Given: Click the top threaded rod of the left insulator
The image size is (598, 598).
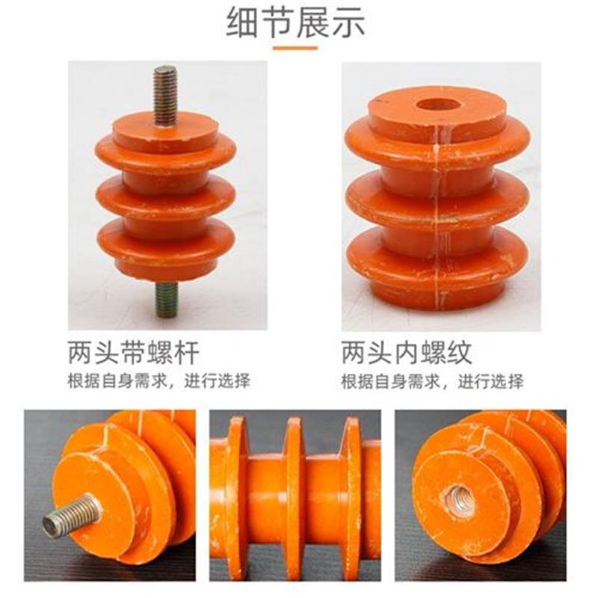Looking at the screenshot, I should pos(165,94).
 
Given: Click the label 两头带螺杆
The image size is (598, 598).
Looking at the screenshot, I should pos(134,351).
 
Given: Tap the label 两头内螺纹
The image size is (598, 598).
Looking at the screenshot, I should pos(407,351).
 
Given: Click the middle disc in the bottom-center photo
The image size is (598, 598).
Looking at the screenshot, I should pos(294,497).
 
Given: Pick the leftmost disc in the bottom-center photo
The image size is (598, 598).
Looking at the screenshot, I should pos(238,497).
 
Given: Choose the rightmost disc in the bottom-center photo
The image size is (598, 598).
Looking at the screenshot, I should pos(350,497).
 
